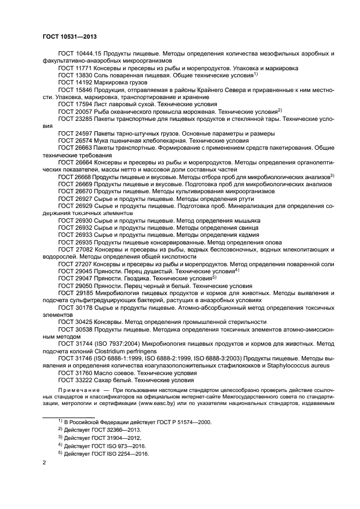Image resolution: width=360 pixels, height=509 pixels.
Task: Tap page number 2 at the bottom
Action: pos(44,462)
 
